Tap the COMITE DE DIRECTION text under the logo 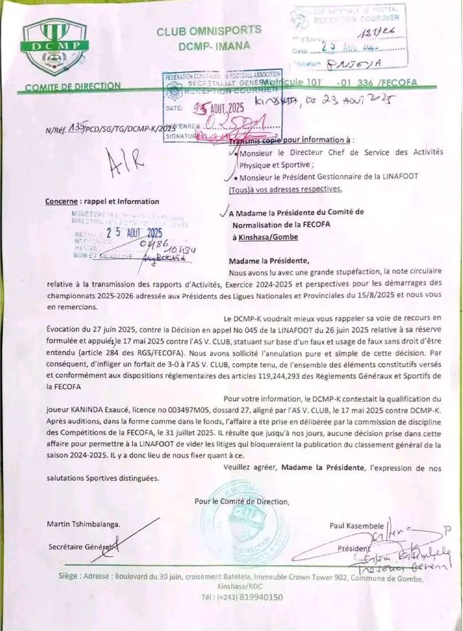point(73,86)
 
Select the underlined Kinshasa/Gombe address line point(265,237)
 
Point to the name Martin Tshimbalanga point(84,524)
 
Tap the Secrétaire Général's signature point(130,539)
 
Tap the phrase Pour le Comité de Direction point(242,501)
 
